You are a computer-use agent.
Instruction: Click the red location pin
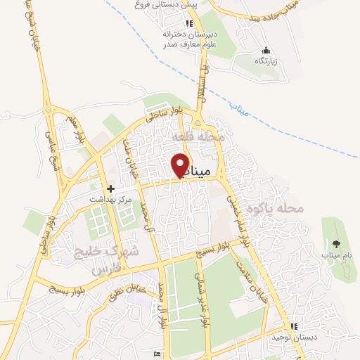[x=181, y=165]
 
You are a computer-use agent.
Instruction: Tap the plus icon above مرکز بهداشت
[x=110, y=189]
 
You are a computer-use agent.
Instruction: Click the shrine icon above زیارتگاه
[x=266, y=51]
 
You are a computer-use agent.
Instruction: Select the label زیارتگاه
[x=266, y=61]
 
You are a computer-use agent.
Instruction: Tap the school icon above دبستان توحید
[x=294, y=327]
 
